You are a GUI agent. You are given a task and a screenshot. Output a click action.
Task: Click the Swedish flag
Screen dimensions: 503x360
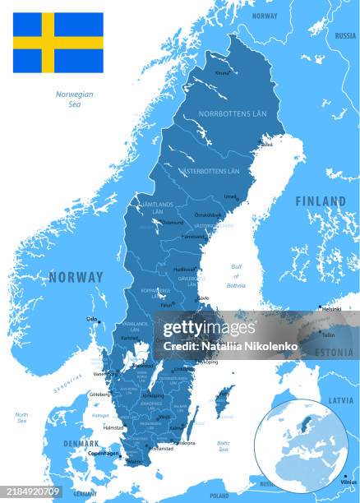[x=58, y=43]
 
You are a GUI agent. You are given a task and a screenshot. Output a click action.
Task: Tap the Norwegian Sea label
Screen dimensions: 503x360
[x=74, y=99]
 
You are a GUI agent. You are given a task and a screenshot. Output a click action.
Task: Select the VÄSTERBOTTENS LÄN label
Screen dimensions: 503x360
[x=210, y=171]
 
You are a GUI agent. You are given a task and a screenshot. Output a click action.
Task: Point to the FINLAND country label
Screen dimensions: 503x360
[x=321, y=201]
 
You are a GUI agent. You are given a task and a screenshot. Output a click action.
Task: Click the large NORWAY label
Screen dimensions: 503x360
[x=76, y=277]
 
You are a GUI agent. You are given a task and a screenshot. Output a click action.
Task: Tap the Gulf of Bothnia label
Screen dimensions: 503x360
[x=236, y=275]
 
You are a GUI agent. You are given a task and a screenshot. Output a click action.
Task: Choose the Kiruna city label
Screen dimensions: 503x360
[x=222, y=73]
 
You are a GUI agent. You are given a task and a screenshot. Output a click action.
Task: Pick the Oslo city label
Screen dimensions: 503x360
[x=91, y=319]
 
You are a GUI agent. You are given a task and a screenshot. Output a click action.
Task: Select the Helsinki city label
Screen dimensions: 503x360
[x=331, y=309]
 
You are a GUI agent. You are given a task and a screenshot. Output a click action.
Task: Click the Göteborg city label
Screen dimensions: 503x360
[x=99, y=394]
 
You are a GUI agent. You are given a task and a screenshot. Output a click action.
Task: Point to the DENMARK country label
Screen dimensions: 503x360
[x=81, y=443]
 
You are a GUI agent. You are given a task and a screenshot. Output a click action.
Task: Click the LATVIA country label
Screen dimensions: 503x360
[x=340, y=400]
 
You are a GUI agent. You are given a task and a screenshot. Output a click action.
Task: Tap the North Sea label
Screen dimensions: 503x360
[x=21, y=418]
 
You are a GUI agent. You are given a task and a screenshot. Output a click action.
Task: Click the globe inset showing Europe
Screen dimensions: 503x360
[x=301, y=447]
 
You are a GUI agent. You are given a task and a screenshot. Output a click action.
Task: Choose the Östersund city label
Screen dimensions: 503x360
[x=173, y=222]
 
